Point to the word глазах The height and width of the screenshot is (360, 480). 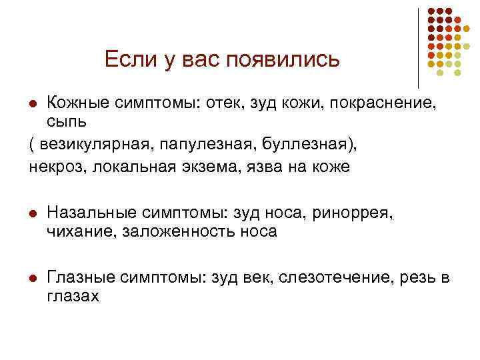tap(73, 297)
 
